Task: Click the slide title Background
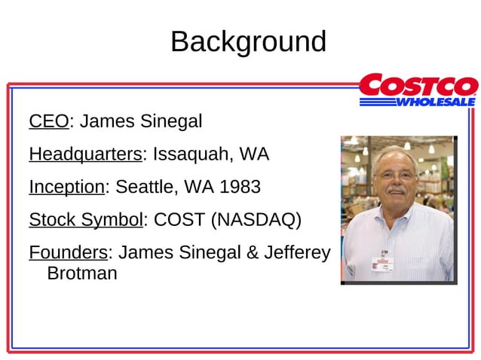(248, 41)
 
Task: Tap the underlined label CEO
(48, 121)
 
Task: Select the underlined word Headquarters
(85, 155)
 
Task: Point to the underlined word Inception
(66, 187)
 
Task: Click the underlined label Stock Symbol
(85, 220)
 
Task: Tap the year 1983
(240, 187)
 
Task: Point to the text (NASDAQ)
(256, 220)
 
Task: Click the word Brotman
(81, 273)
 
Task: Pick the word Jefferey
(297, 253)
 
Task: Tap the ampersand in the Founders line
(253, 253)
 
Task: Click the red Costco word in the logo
(418, 85)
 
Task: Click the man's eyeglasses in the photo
(395, 175)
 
